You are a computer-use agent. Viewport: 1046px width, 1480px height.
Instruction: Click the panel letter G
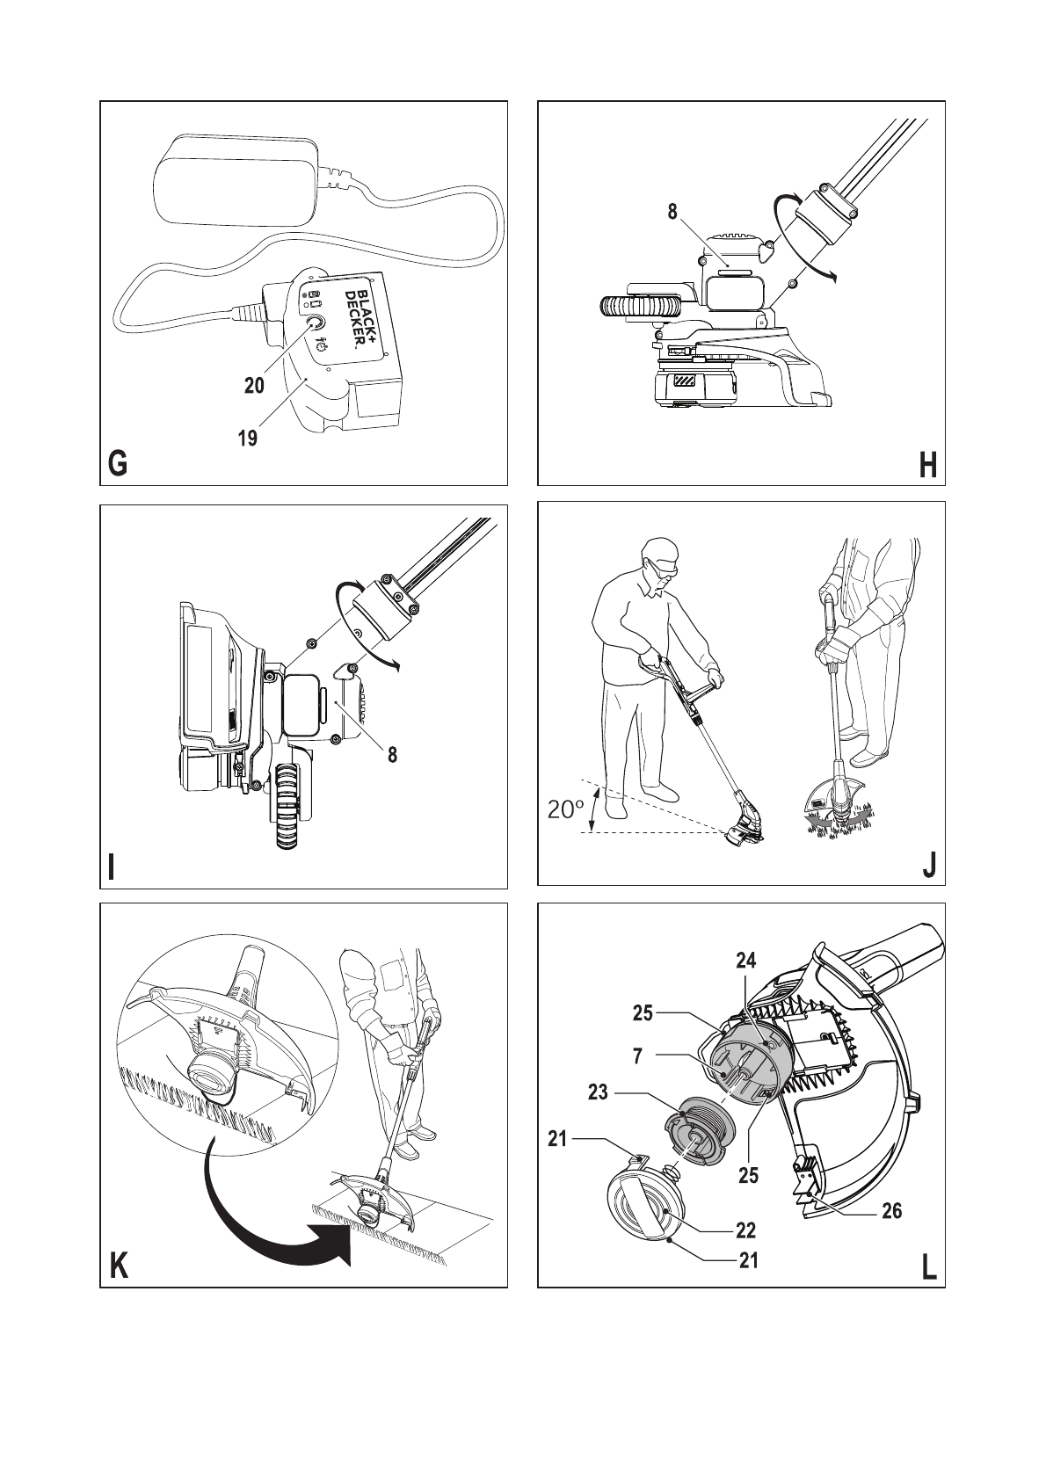[117, 464]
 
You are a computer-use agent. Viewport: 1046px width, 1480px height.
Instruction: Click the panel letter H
[928, 464]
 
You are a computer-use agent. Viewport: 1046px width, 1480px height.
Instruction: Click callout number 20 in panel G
[254, 385]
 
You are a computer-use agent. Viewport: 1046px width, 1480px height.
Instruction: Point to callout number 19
[248, 437]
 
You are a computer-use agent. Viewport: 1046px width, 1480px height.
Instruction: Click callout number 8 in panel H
[672, 212]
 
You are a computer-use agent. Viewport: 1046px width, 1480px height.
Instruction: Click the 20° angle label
[565, 809]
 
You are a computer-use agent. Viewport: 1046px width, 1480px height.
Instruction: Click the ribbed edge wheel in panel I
[288, 806]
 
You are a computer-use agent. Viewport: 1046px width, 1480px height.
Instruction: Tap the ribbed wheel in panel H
[641, 306]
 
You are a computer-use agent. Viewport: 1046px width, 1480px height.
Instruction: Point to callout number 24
[746, 961]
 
